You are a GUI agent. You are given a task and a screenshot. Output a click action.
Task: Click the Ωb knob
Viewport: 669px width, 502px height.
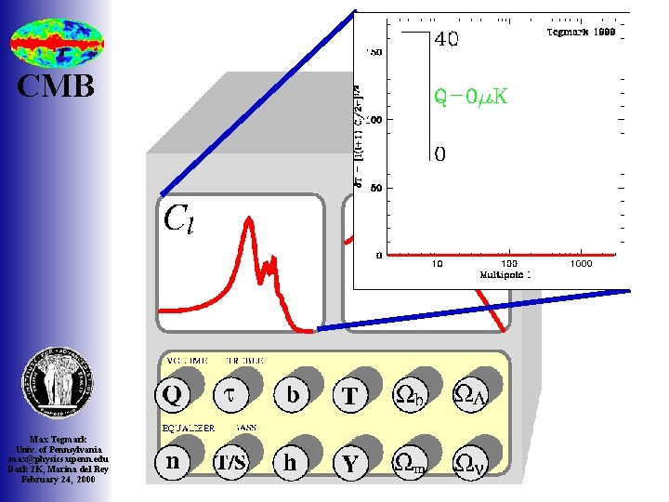tap(410, 396)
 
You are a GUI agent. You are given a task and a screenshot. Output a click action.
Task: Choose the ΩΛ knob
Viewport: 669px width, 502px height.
tap(467, 396)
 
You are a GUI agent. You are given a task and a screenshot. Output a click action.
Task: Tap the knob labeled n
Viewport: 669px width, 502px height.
tap(172, 462)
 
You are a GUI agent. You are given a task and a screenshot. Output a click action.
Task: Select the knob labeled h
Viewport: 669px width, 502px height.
tap(292, 462)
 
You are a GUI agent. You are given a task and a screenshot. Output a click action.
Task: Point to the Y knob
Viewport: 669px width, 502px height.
tap(349, 462)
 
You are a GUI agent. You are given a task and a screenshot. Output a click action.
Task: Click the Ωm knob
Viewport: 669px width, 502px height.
tap(410, 462)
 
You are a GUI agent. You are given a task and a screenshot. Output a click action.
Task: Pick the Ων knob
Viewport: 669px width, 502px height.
tap(467, 462)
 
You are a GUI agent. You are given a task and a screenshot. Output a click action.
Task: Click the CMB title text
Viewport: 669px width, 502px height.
tap(57, 86)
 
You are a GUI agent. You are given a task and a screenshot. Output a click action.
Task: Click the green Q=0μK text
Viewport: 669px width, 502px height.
tap(471, 96)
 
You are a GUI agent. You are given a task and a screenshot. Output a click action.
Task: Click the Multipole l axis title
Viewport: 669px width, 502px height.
tap(505, 275)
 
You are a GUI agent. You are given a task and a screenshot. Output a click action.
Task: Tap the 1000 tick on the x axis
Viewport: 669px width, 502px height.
tap(581, 264)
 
